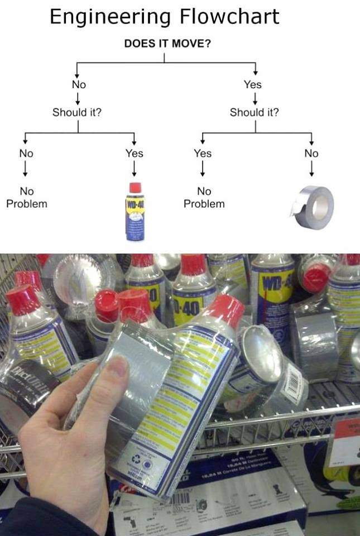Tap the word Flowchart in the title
pos(229,17)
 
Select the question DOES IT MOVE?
pos(167,44)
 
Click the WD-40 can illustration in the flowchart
pos(135,212)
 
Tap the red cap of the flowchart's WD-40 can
pos(135,188)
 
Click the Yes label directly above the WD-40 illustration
pos(134,153)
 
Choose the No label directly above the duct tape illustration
pos(311,153)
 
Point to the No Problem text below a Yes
pos(204,198)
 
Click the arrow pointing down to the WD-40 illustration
pos(134,169)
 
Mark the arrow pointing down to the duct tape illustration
pos(311,169)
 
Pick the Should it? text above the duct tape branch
pos(255,112)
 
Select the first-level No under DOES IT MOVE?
pos(79,85)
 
